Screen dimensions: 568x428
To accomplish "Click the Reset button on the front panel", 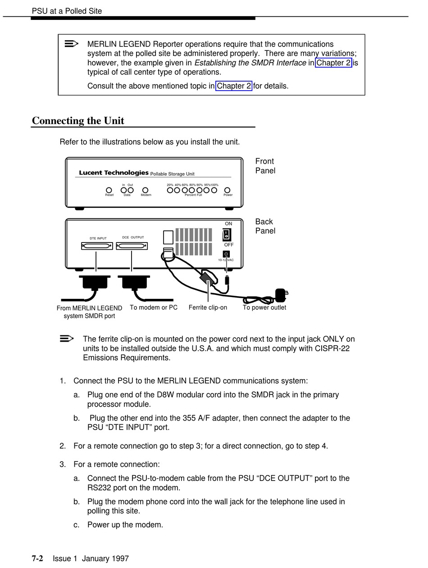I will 109,190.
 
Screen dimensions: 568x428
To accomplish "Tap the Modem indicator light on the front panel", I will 145,190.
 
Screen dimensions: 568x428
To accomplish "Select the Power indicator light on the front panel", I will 228,190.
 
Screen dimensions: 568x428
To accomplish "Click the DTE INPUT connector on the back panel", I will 97,246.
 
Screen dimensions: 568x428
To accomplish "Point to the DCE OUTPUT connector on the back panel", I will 132,246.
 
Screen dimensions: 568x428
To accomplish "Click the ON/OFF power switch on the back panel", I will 227,234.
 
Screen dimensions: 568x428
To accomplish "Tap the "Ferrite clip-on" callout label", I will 208,307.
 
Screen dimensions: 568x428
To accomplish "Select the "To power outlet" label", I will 264,307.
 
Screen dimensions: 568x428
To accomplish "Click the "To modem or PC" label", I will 154,307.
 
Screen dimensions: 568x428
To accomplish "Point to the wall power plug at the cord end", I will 281,295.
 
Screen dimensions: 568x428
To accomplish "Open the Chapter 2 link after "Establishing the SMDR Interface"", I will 333,63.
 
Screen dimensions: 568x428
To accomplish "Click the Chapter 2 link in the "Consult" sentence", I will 233,86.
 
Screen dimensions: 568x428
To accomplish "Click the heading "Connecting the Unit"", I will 78,121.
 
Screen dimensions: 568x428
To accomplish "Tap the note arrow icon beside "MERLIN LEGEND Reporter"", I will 71,44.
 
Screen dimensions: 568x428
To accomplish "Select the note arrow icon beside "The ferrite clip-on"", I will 67,339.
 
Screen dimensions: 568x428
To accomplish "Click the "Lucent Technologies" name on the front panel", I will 114,173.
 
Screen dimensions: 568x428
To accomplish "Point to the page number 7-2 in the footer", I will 37,559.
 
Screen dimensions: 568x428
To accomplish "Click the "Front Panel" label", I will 265,166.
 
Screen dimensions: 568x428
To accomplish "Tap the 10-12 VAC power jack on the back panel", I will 226,254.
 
